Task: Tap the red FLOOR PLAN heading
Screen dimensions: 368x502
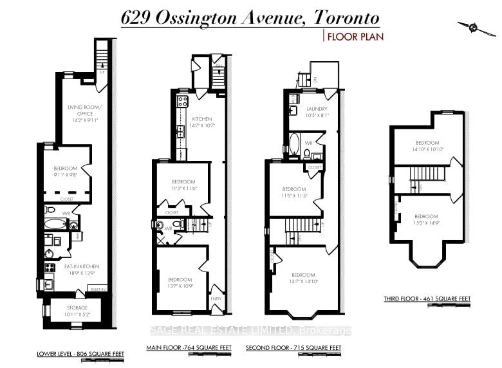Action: pos(355,37)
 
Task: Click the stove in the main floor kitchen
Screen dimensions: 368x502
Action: pos(181,101)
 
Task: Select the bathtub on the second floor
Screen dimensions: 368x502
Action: pos(295,145)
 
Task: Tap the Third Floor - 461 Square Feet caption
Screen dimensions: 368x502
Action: pos(437,299)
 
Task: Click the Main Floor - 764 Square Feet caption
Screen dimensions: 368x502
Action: pos(189,348)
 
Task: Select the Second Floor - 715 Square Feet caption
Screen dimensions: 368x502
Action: pos(293,348)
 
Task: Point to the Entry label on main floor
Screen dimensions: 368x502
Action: pos(216,299)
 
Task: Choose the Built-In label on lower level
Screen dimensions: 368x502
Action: pos(98,290)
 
